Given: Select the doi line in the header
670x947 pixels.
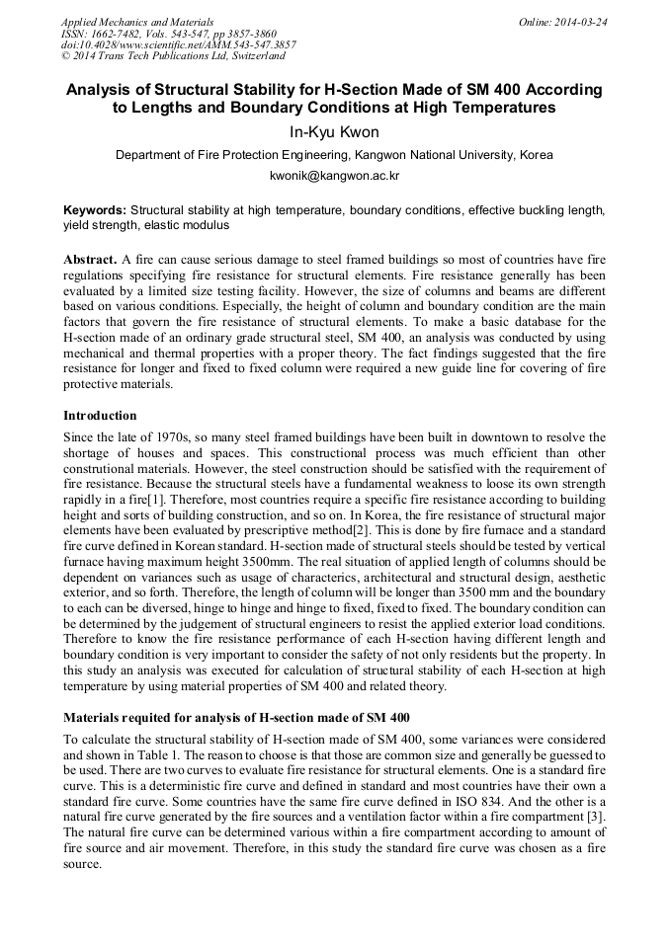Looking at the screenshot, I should tap(178, 44).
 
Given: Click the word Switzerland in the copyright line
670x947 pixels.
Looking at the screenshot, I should tap(250, 56).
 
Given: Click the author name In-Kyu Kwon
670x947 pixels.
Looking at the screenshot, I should tap(334, 129).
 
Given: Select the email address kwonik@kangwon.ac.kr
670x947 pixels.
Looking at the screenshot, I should tap(334, 176).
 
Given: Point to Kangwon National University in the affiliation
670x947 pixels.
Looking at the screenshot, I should tap(432, 155).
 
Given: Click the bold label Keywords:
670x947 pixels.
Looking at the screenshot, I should tap(95, 210).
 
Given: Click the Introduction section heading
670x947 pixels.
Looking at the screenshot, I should tap(100, 416).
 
